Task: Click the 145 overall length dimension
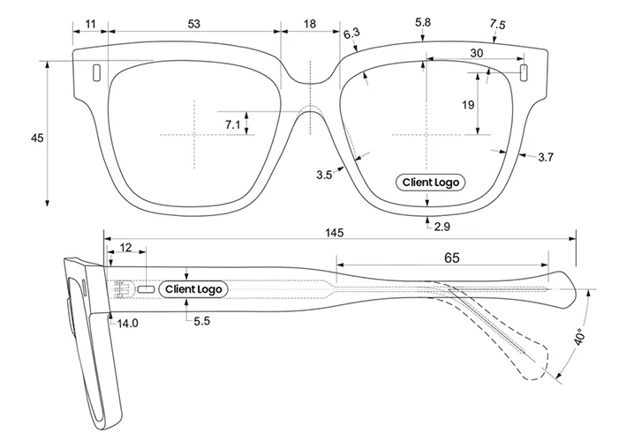pyautogui.click(x=333, y=233)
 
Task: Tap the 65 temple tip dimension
pyautogui.click(x=450, y=258)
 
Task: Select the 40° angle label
pyautogui.click(x=578, y=339)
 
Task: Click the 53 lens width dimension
pyautogui.click(x=193, y=22)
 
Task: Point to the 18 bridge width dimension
pyautogui.click(x=309, y=24)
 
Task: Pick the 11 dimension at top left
pyautogui.click(x=89, y=22)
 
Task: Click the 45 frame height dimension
pyautogui.click(x=36, y=138)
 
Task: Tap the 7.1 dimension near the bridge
pyautogui.click(x=232, y=124)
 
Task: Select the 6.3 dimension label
pyautogui.click(x=351, y=34)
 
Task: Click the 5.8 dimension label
pyautogui.click(x=422, y=21)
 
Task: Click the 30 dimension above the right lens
pyautogui.click(x=476, y=53)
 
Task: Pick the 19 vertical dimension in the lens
pyautogui.click(x=467, y=105)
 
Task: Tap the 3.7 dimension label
pyautogui.click(x=545, y=158)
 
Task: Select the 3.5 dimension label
pyautogui.click(x=323, y=175)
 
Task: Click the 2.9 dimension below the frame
pyautogui.click(x=442, y=228)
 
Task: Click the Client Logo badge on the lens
pyautogui.click(x=430, y=183)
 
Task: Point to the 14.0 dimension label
pyautogui.click(x=128, y=324)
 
